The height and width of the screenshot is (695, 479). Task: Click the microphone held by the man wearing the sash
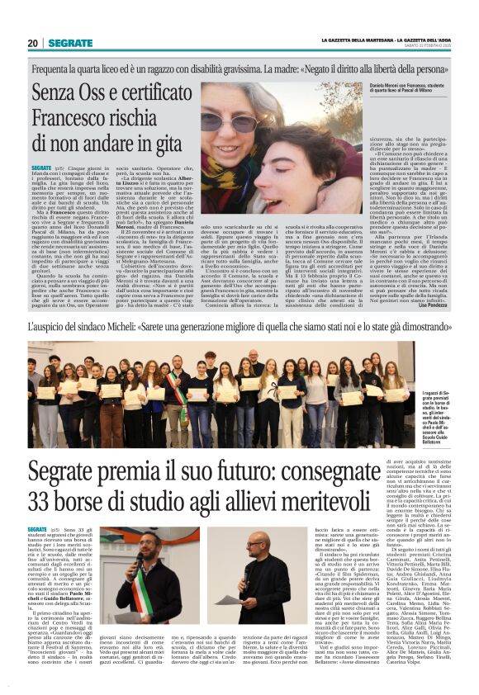[140, 558]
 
